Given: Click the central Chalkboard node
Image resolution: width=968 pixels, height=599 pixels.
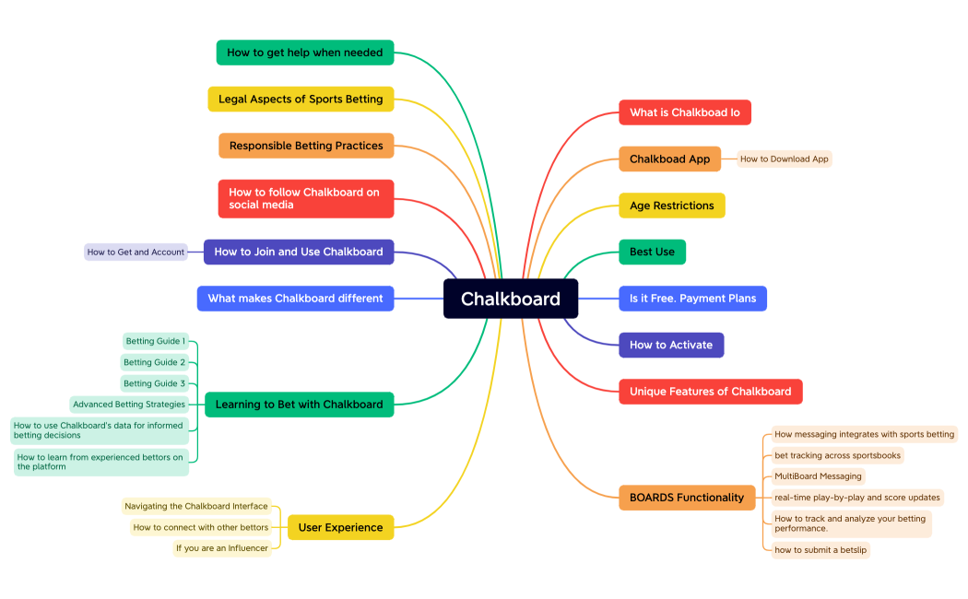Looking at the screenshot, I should tap(511, 299).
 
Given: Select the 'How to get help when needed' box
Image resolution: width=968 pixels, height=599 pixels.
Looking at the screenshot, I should tap(305, 53).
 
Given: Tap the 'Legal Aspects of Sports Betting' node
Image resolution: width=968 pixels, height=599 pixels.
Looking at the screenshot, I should tap(301, 99).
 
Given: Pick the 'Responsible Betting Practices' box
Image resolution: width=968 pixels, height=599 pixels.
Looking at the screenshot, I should tap(306, 146).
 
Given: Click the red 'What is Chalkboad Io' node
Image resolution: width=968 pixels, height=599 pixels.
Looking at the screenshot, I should tap(684, 112).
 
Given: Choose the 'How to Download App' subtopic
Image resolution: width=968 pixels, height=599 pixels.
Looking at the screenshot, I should tap(784, 159).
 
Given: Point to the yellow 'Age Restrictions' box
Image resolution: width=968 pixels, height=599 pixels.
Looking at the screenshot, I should tap(671, 206).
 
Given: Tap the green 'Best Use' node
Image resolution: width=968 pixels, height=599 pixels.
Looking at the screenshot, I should tap(652, 252).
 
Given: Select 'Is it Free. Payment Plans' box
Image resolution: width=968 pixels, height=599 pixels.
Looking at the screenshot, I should tap(692, 299).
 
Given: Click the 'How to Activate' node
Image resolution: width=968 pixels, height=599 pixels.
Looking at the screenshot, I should tap(671, 345).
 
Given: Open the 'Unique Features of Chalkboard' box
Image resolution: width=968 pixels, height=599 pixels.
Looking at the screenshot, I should tap(710, 392).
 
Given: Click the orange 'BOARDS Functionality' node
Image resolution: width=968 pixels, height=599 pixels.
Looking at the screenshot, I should tap(686, 498).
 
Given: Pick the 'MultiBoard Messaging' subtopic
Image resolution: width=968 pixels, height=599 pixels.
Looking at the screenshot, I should tap(819, 476).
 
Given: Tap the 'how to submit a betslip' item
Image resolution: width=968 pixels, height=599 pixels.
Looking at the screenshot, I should tap(820, 550).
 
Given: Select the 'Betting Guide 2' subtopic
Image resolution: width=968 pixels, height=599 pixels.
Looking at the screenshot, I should tap(155, 362).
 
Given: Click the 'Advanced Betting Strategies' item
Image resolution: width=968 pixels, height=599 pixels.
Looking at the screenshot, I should tap(129, 404).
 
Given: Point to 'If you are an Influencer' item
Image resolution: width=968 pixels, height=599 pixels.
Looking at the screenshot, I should tap(222, 548).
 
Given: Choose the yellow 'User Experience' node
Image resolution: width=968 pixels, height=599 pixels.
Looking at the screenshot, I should tap(340, 527).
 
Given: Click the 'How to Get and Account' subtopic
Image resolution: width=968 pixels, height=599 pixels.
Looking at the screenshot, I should tap(136, 252).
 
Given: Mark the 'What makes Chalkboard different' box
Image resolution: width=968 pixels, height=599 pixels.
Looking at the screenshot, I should tap(295, 299).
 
